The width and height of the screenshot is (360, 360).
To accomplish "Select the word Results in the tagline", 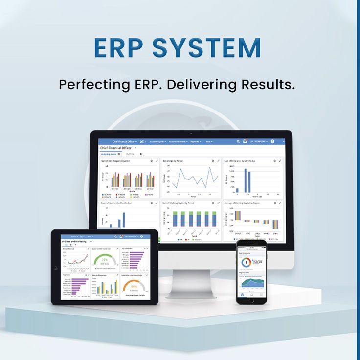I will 268,84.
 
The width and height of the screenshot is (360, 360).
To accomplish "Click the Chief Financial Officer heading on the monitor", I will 116,147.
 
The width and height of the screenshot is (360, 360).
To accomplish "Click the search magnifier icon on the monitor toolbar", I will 238,141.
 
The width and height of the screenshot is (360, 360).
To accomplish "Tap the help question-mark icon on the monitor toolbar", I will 272,141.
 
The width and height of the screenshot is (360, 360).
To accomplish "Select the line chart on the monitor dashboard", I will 191,179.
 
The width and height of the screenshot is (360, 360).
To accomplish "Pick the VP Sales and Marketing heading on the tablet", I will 74,242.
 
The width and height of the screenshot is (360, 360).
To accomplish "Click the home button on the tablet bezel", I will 56,268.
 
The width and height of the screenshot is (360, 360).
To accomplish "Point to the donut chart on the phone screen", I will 246,263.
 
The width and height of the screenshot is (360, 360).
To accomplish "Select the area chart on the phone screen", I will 251,282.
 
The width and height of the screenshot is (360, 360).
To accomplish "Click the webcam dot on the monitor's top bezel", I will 191,134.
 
